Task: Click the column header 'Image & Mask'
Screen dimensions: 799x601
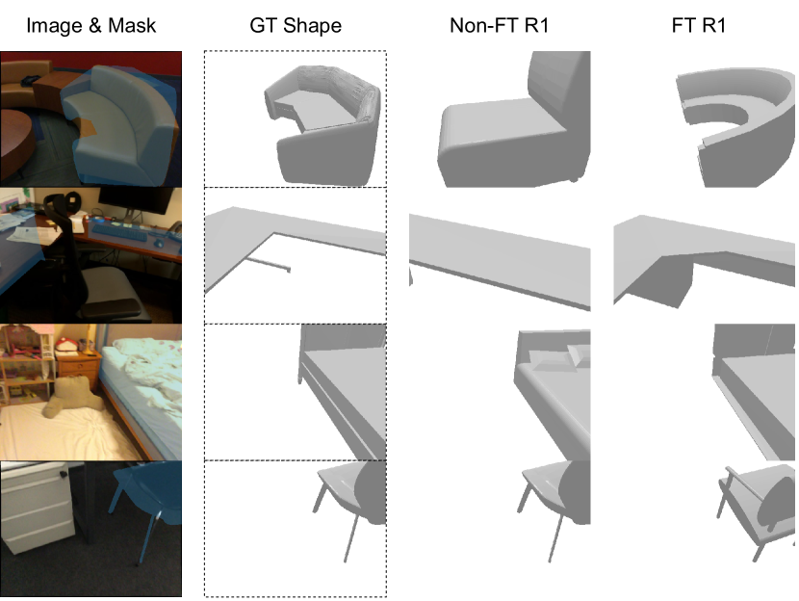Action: click(x=90, y=25)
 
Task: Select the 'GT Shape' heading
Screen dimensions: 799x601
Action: click(x=296, y=25)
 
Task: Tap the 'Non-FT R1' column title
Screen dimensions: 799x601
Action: click(x=499, y=25)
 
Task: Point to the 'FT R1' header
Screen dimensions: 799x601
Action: click(x=699, y=25)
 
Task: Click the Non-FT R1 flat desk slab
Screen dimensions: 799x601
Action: click(x=500, y=255)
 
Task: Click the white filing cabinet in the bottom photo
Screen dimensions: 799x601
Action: click(x=38, y=508)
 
